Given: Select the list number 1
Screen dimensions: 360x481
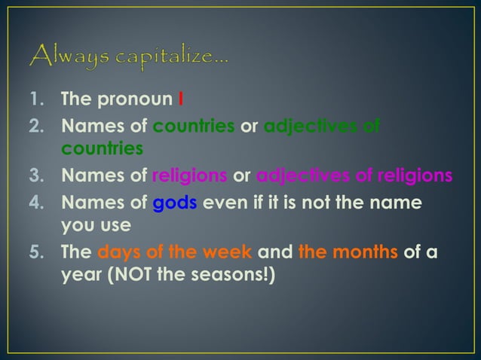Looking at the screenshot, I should click(36, 99).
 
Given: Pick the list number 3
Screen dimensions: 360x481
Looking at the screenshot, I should click(36, 176).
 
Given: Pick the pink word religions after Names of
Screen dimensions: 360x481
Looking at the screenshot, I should click(189, 176).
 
